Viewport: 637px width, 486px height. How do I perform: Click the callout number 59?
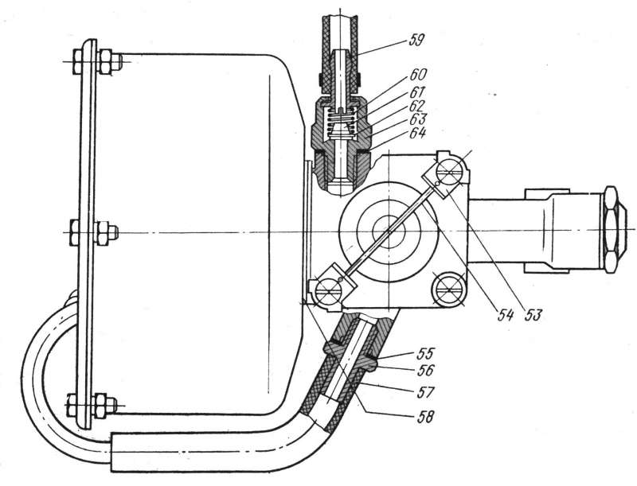[413, 41]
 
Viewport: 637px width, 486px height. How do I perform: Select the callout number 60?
[417, 75]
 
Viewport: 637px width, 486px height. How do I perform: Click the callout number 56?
[424, 370]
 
